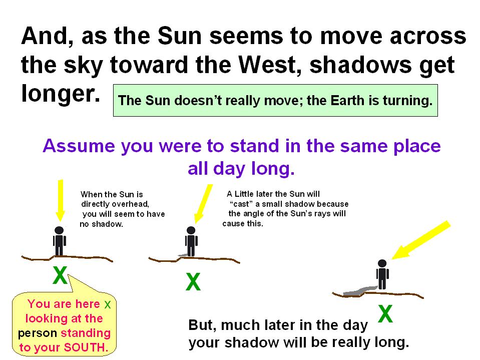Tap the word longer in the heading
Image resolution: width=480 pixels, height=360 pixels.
[61, 94]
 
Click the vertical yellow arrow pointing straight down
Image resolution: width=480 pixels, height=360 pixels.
[60, 200]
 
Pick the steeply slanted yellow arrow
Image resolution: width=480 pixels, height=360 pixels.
[421, 240]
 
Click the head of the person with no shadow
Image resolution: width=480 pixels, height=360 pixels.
[59, 230]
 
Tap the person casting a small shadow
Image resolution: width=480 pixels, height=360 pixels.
[191, 241]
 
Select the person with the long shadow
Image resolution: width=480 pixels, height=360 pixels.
[382, 274]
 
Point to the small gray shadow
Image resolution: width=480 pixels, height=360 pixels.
[183, 255]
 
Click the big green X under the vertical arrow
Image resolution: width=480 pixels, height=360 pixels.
[60, 275]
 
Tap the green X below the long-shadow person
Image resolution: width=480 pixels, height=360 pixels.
[385, 313]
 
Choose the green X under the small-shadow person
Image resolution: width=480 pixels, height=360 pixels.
[193, 281]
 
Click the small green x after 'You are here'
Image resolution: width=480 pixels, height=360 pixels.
[108, 304]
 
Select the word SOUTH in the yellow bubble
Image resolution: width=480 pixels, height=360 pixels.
[86, 347]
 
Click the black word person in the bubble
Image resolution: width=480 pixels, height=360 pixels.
[38, 333]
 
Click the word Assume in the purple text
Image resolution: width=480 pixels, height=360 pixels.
[79, 146]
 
